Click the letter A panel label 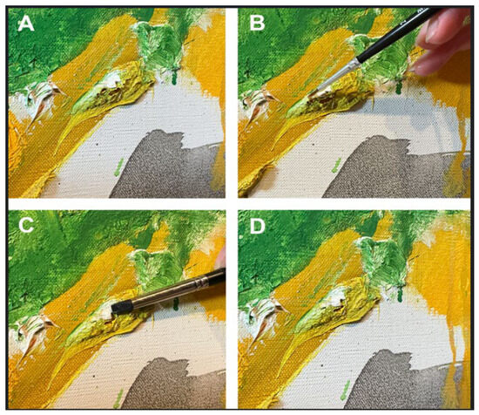[25, 24]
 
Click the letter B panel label [257, 24]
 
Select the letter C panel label [26, 226]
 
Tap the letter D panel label [257, 226]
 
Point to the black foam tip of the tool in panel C [122, 307]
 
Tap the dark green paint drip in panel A [174, 77]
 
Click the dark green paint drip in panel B [399, 86]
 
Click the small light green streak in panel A [118, 167]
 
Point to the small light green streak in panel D [344, 390]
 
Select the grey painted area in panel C [171, 384]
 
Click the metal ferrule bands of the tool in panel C [201, 283]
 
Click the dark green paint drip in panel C [176, 303]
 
